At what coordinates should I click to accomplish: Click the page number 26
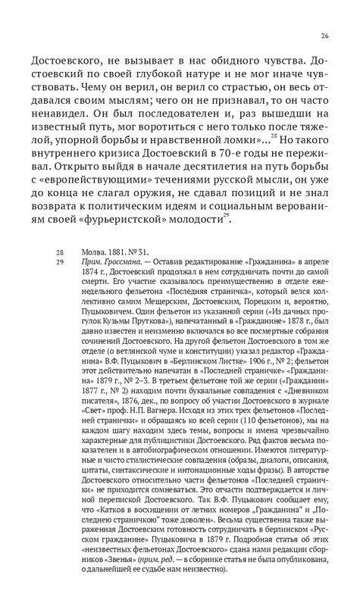point(324,35)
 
